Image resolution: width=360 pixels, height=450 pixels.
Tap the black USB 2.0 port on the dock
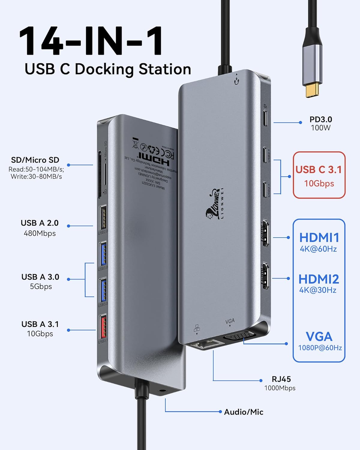[x=103, y=217]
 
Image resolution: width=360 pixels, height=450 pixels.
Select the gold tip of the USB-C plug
[x=314, y=90]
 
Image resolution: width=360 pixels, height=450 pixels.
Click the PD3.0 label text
[x=321, y=119]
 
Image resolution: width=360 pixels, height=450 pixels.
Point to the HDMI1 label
[x=319, y=238]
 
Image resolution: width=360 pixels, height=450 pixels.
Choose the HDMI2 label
[x=319, y=279]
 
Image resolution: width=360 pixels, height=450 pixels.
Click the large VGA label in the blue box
[x=319, y=337]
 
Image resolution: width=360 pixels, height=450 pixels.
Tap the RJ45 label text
[x=281, y=379]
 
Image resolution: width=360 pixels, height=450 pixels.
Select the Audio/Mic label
[x=244, y=412]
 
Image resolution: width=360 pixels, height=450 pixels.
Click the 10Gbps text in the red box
[x=319, y=184]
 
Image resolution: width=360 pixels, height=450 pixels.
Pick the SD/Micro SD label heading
[x=35, y=160]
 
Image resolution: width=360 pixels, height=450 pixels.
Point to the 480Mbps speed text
[x=40, y=233]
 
